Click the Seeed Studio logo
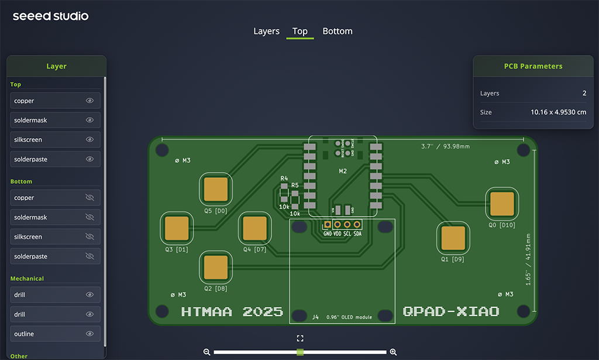pos(51,16)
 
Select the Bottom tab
pos(338,31)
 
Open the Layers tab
pos(266,31)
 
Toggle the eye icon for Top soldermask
pos(89,120)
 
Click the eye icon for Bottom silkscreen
pos(89,236)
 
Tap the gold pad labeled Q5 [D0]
pos(216,189)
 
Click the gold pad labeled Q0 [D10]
pos(502,204)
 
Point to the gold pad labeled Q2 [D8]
pos(216,267)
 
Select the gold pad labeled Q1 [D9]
pos(453,238)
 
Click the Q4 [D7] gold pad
pos(254,228)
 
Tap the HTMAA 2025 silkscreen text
pos(232,311)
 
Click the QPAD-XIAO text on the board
pos(451,311)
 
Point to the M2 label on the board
pos(343,171)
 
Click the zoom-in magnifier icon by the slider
pos(393,352)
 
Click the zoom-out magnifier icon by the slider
pos(206,352)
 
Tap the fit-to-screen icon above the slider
pos(300,338)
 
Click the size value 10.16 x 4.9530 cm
pos(558,112)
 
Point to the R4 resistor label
pos(284,178)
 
